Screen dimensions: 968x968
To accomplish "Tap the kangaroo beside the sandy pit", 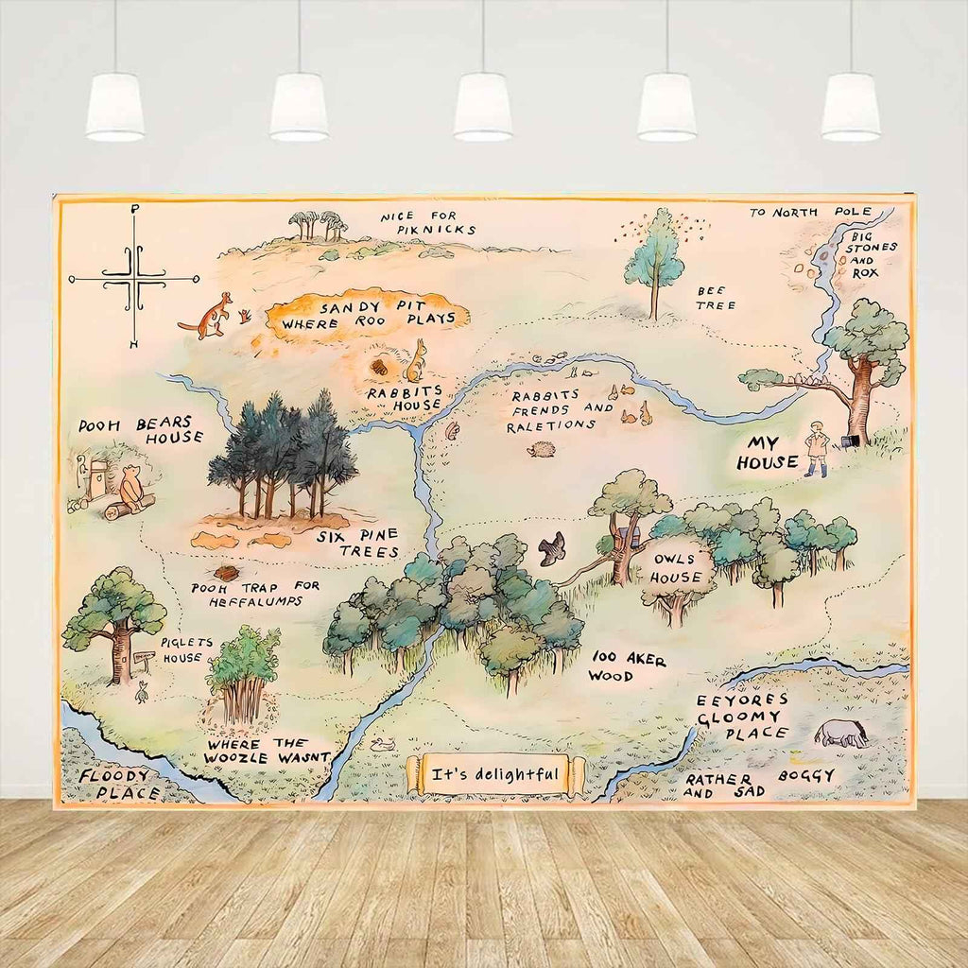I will [209, 316].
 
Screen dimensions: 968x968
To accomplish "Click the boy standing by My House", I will [817, 448].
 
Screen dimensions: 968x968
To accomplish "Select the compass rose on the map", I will [134, 278].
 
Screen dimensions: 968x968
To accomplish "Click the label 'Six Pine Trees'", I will [358, 542].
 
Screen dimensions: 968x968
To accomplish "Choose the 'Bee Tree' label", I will [716, 298].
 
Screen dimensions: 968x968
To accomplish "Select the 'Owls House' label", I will [678, 567].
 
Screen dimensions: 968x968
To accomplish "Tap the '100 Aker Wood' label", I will [628, 665].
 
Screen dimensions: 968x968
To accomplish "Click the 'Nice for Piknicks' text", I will [428, 223].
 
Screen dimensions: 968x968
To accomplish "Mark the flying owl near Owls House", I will [552, 548].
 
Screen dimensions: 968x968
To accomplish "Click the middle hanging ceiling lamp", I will [482, 106].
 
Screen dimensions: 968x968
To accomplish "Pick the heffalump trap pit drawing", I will [226, 573].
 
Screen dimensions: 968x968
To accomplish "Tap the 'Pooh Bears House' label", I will [141, 430].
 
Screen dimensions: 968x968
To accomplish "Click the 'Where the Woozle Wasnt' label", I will [268, 750].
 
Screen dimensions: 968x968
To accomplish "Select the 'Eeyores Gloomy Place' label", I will [741, 717].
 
